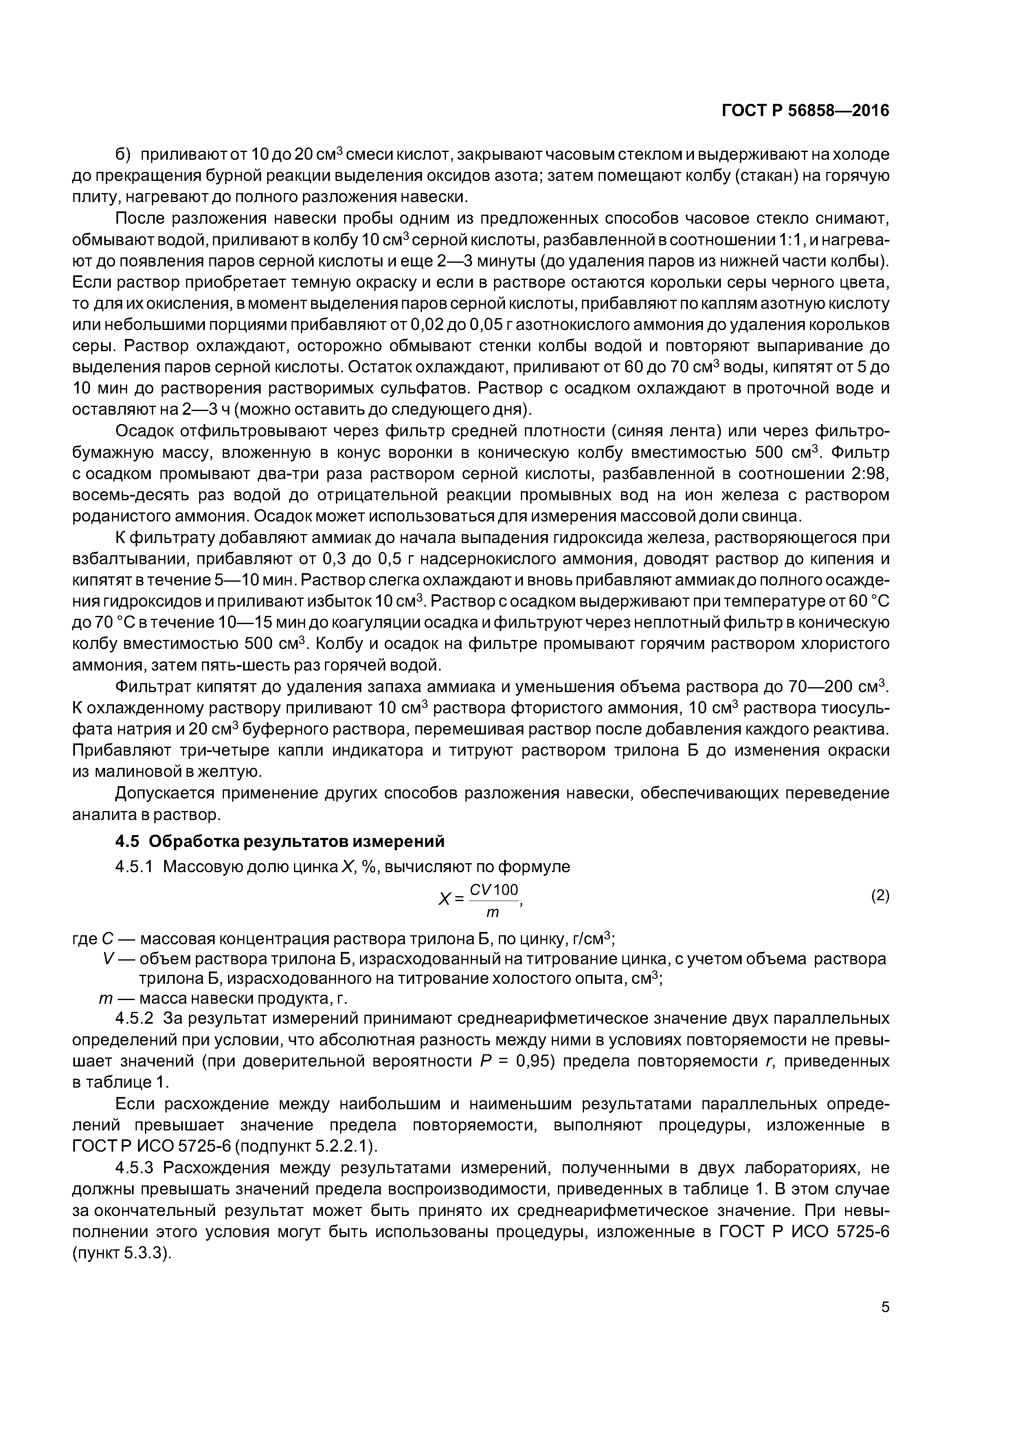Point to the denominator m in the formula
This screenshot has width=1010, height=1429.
coord(492,913)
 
